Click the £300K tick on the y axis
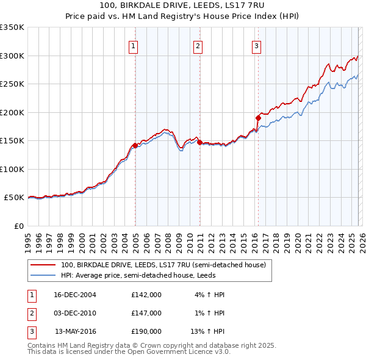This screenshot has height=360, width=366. (x=12, y=56)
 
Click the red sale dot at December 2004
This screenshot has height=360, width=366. (x=135, y=145)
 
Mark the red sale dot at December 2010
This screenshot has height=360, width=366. (x=199, y=142)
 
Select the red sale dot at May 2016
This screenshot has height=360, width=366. (x=258, y=118)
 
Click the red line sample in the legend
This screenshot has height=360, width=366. (x=43, y=265)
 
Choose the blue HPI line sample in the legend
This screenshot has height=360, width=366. (x=43, y=276)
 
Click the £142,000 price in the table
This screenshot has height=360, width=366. (x=146, y=295)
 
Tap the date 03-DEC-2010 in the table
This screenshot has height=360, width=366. (x=75, y=313)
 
